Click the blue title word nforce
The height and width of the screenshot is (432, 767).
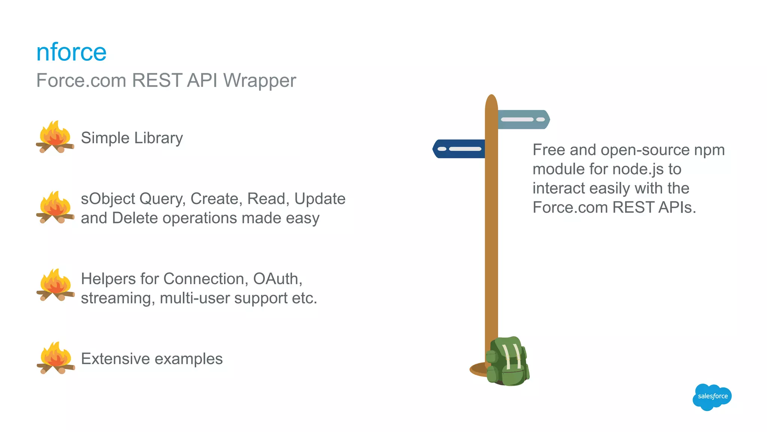(71, 52)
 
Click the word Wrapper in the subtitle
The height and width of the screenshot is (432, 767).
(260, 81)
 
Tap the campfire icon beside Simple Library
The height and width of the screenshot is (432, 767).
(55, 137)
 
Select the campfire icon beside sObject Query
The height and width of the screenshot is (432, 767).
(55, 207)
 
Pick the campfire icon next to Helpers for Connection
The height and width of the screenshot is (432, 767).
(55, 285)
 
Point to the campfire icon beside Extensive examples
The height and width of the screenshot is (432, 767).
(55, 358)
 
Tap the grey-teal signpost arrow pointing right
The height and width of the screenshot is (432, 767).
(524, 120)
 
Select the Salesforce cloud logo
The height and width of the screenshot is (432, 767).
(712, 397)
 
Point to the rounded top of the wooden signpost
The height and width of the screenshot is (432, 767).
(491, 100)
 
